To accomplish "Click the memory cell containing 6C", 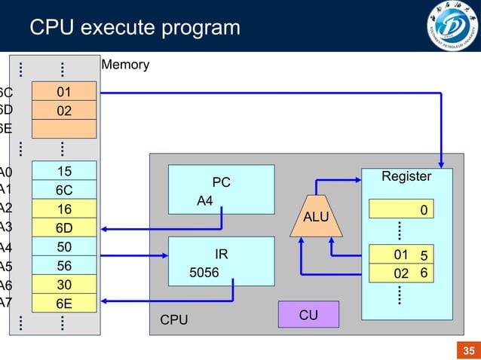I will pyautogui.click(x=63, y=190).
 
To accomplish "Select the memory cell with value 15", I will pyautogui.click(x=63, y=171).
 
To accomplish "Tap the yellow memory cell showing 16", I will pyautogui.click(x=63, y=209).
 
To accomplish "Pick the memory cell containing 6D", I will pyautogui.click(x=63, y=227).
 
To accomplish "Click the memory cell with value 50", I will pyautogui.click(x=63, y=246).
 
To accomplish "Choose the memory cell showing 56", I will pyautogui.click(x=63, y=265).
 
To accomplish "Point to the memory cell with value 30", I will pyautogui.click(x=63, y=285).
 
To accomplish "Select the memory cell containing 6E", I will pyautogui.click(x=63, y=304).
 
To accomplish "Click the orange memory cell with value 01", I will pyautogui.click(x=63, y=92).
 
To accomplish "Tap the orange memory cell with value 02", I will pyautogui.click(x=63, y=111).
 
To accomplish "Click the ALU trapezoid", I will pyautogui.click(x=316, y=217).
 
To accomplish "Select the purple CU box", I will pyautogui.click(x=308, y=315).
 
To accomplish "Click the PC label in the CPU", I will pyautogui.click(x=221, y=182).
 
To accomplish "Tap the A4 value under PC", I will pyautogui.click(x=205, y=201).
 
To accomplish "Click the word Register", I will pyautogui.click(x=406, y=176).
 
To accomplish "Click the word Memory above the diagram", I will pyautogui.click(x=125, y=65).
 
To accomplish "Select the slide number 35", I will pyautogui.click(x=468, y=351).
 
